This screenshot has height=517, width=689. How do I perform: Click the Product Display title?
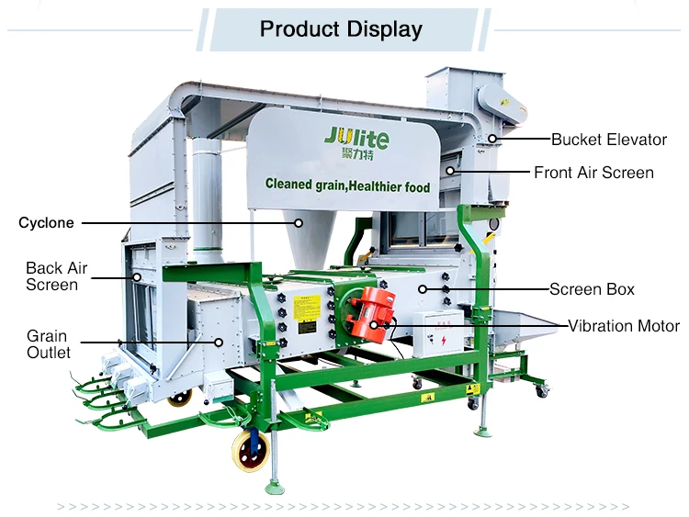click(341, 29)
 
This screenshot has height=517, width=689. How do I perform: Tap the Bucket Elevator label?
click(608, 140)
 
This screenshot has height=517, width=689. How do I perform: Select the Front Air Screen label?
click(593, 172)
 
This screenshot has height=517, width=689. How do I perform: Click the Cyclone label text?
click(46, 222)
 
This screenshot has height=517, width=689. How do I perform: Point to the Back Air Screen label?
click(56, 275)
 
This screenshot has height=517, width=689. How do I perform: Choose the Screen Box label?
click(592, 289)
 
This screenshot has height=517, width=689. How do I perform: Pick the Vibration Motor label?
click(623, 326)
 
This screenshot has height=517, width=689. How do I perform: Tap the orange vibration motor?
click(373, 315)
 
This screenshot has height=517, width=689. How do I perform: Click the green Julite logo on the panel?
click(356, 140)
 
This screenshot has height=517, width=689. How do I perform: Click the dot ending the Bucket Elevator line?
click(492, 140)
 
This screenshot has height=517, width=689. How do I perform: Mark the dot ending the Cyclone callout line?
click(298, 222)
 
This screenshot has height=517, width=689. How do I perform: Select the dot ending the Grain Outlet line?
click(219, 342)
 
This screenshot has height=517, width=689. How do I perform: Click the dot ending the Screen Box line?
click(422, 289)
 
